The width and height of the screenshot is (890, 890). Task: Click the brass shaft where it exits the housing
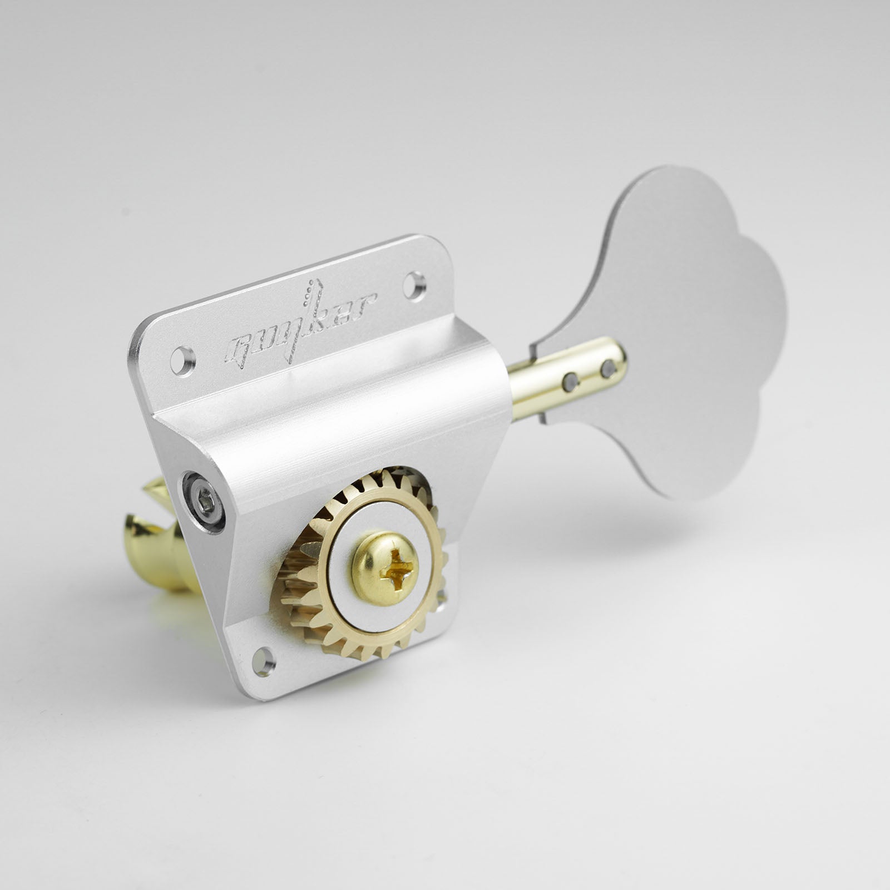coord(520,389)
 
